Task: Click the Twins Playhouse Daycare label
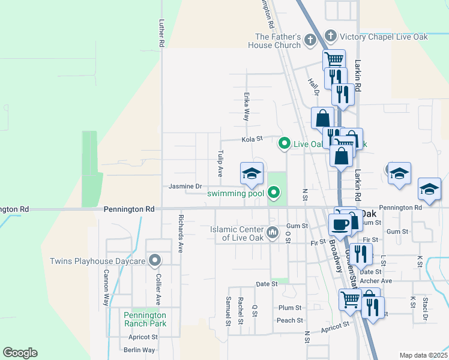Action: pos(98,261)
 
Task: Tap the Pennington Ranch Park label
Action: pos(145,319)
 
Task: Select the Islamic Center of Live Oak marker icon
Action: pos(273,233)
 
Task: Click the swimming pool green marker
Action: pos(274,193)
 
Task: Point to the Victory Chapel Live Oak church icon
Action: pos(330,37)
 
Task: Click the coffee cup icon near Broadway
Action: pos(340,224)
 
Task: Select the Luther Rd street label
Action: pos(161,34)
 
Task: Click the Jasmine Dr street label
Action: pos(185,187)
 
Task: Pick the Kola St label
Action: pos(253,139)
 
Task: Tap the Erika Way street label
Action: pos(246,106)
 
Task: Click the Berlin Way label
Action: pos(139,350)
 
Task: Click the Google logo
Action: pos(20,353)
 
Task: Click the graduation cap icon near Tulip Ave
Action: pos(252,174)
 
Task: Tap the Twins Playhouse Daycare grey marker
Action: pos(155,260)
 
